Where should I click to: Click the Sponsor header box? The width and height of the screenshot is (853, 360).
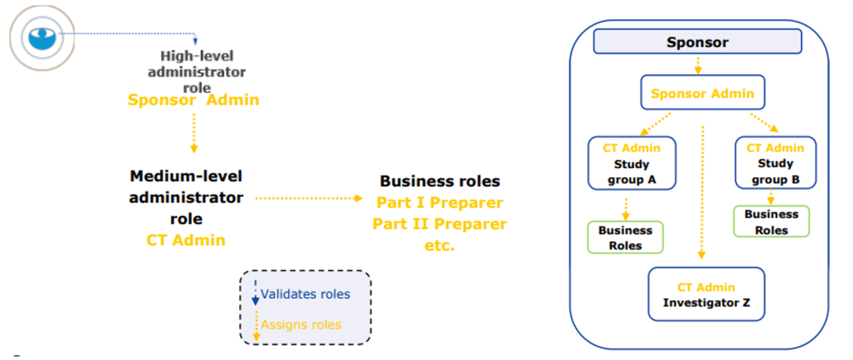(x=698, y=42)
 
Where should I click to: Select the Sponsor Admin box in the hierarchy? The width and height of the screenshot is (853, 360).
(x=703, y=93)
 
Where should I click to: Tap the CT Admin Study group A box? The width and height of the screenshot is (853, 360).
(x=631, y=163)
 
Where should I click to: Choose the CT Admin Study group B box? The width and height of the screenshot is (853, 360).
(x=775, y=163)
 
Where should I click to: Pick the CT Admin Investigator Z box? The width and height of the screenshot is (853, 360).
(x=706, y=294)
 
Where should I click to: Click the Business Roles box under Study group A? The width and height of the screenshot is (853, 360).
(x=625, y=238)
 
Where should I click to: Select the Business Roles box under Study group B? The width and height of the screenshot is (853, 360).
(x=771, y=222)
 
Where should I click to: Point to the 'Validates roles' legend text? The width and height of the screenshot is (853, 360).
(x=305, y=294)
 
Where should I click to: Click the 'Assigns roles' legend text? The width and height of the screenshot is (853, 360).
(x=301, y=325)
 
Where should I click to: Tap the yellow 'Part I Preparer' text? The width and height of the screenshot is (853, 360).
(x=440, y=203)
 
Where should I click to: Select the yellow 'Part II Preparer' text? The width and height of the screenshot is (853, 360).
(x=439, y=224)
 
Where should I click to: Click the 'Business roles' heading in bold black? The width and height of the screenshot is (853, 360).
(x=440, y=181)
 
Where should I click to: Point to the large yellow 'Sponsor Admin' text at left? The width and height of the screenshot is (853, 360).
(x=193, y=100)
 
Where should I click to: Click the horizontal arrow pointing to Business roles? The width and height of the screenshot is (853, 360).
(x=308, y=198)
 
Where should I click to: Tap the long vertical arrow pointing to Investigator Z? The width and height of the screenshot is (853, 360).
(x=702, y=192)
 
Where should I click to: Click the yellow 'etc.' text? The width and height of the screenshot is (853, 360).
(x=440, y=245)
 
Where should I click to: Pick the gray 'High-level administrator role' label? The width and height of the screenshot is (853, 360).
(x=197, y=72)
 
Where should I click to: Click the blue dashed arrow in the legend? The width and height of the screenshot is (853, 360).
(x=255, y=293)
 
